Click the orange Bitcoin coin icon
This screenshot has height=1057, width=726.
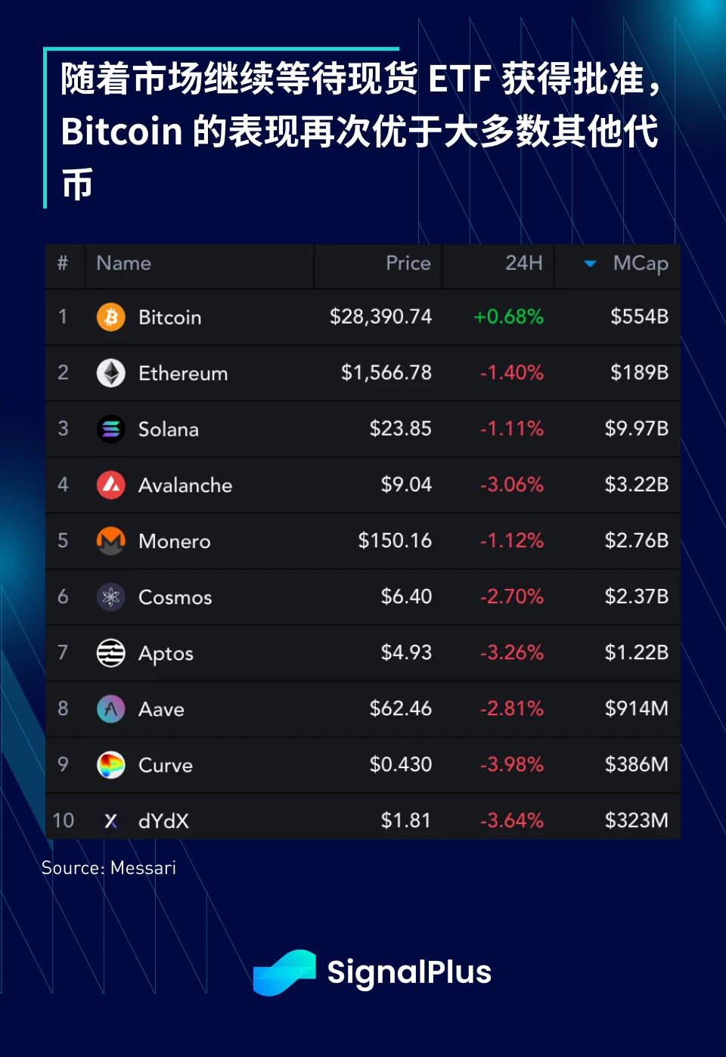[x=111, y=317]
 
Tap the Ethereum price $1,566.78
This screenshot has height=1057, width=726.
[x=386, y=373]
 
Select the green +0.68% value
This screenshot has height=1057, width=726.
[x=508, y=317]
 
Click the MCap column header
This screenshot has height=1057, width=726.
[x=640, y=263]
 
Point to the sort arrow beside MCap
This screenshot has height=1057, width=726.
[x=590, y=264]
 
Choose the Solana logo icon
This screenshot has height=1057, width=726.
[x=111, y=429]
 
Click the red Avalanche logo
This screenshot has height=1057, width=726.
[x=111, y=485]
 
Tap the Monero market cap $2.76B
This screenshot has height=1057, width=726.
[x=636, y=541]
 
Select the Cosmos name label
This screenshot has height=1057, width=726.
[x=175, y=597]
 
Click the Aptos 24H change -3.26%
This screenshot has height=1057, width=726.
[x=512, y=652]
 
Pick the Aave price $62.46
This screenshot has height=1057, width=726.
[x=400, y=708]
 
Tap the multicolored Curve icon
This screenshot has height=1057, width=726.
[x=111, y=765]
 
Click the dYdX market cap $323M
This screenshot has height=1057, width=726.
[x=636, y=820]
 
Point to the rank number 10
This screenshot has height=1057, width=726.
[x=64, y=820]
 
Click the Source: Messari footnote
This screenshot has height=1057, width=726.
[x=109, y=868]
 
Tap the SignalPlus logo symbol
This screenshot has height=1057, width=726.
[x=284, y=972]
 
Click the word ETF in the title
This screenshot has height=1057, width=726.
[x=460, y=79]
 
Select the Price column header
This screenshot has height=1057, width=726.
[x=408, y=263]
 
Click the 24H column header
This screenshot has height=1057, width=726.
[x=523, y=263]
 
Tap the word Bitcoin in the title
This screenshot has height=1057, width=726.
[x=122, y=132]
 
